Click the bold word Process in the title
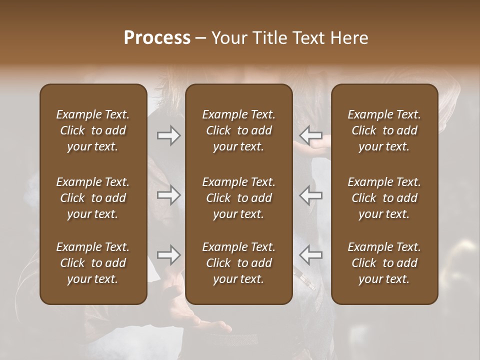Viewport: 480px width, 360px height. pyautogui.click(x=157, y=38)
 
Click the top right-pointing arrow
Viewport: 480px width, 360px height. pyautogui.click(x=168, y=135)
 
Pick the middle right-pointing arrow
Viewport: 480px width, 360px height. pyautogui.click(x=168, y=195)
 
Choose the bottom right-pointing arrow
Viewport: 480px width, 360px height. pyautogui.click(x=168, y=255)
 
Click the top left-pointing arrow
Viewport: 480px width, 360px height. pyautogui.click(x=311, y=135)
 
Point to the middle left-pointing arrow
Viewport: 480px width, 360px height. pyautogui.click(x=311, y=195)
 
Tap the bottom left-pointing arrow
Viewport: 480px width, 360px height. pyautogui.click(x=311, y=255)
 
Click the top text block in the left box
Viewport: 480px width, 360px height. pyautogui.click(x=93, y=130)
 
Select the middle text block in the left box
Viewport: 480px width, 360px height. pyautogui.click(x=93, y=198)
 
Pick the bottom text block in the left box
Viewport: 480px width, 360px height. pyautogui.click(x=93, y=263)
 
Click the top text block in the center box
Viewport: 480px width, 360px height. pyautogui.click(x=238, y=130)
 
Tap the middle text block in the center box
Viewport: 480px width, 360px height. pyautogui.click(x=238, y=198)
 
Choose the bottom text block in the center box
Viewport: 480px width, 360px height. pyautogui.click(x=238, y=263)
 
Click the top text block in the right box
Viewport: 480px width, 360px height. pyautogui.click(x=384, y=130)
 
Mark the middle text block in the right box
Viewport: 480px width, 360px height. pyautogui.click(x=384, y=198)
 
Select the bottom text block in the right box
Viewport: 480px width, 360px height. pyautogui.click(x=384, y=263)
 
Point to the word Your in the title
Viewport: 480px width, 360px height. pyautogui.click(x=228, y=38)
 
